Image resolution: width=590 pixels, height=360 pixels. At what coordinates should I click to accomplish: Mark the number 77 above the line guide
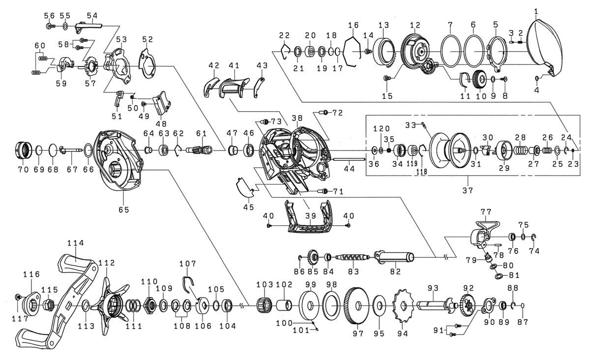click(486, 212)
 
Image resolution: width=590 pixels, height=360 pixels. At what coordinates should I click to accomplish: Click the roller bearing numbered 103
click(265, 305)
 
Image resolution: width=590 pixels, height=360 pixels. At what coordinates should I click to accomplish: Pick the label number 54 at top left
click(92, 15)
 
